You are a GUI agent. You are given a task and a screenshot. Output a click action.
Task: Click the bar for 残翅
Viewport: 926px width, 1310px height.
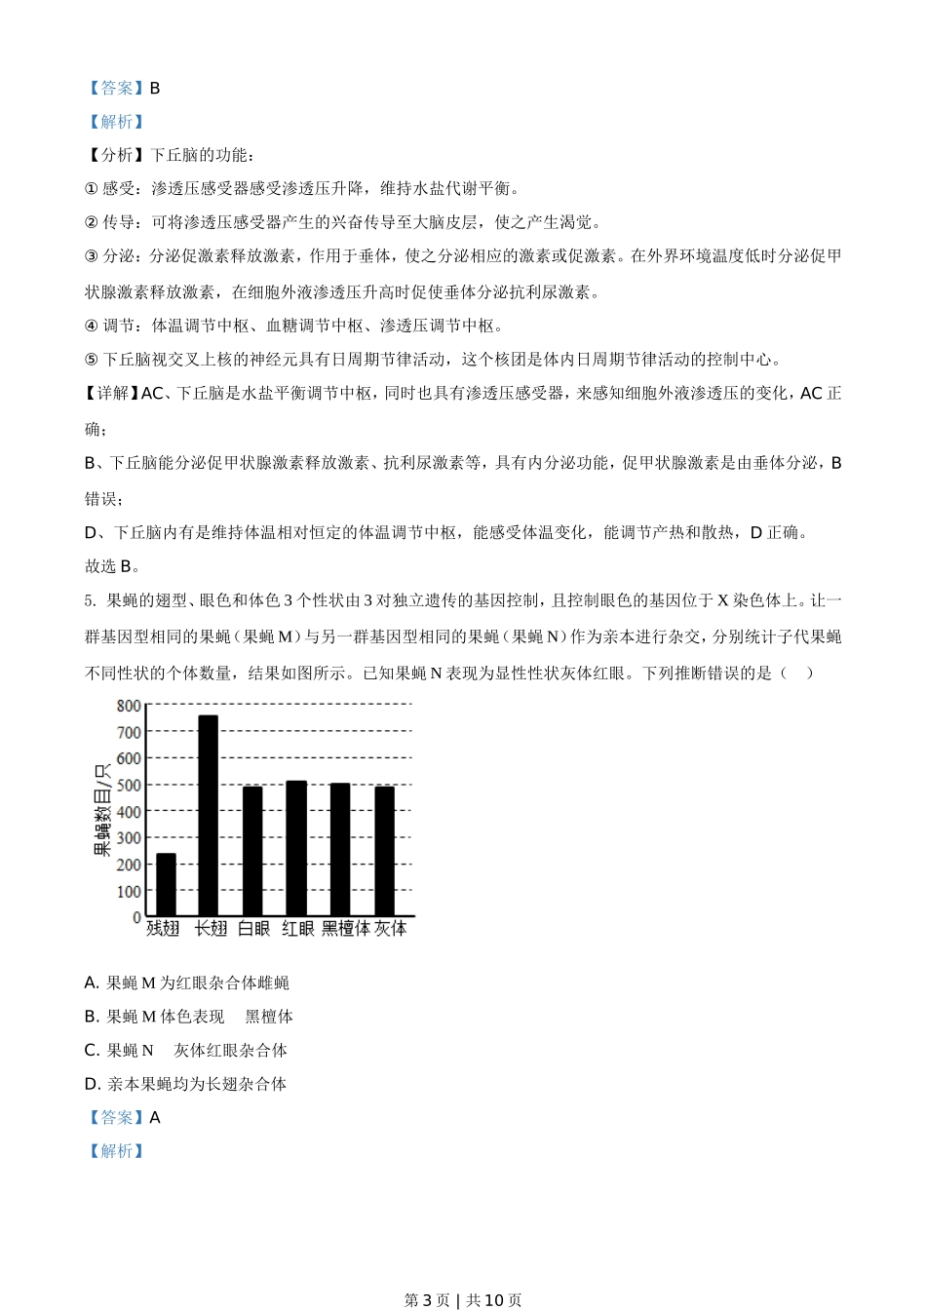(x=166, y=885)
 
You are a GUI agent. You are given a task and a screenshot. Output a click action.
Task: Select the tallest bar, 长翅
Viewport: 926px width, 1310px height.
(x=209, y=816)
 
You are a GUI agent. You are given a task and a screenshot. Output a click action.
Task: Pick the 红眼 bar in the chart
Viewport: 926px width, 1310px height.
(x=296, y=848)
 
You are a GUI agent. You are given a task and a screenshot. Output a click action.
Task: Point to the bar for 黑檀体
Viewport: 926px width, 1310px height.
(x=340, y=849)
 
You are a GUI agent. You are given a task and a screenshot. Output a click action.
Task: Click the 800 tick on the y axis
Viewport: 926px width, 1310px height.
(x=129, y=706)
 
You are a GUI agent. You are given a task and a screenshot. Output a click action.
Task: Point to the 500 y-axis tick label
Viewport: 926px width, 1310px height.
(x=129, y=786)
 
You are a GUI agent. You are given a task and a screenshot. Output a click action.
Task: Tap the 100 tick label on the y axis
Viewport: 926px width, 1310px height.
(x=129, y=892)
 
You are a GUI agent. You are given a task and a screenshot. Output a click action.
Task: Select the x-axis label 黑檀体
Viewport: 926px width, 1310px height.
(x=346, y=929)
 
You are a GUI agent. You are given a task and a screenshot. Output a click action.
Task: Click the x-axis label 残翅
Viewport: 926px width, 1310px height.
(x=163, y=929)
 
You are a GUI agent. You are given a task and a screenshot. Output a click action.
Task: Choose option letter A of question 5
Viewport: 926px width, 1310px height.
(x=92, y=983)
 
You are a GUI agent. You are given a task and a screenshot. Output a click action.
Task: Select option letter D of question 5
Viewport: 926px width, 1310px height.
(x=92, y=1084)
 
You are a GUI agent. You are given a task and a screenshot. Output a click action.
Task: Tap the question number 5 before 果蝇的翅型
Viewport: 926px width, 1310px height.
(x=89, y=601)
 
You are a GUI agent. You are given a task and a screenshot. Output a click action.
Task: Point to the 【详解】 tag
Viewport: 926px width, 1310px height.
(x=112, y=394)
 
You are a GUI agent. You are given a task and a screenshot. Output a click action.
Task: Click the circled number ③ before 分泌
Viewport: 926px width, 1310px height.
(x=92, y=256)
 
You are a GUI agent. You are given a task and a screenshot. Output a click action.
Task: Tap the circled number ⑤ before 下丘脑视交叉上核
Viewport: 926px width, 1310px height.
(x=92, y=360)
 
